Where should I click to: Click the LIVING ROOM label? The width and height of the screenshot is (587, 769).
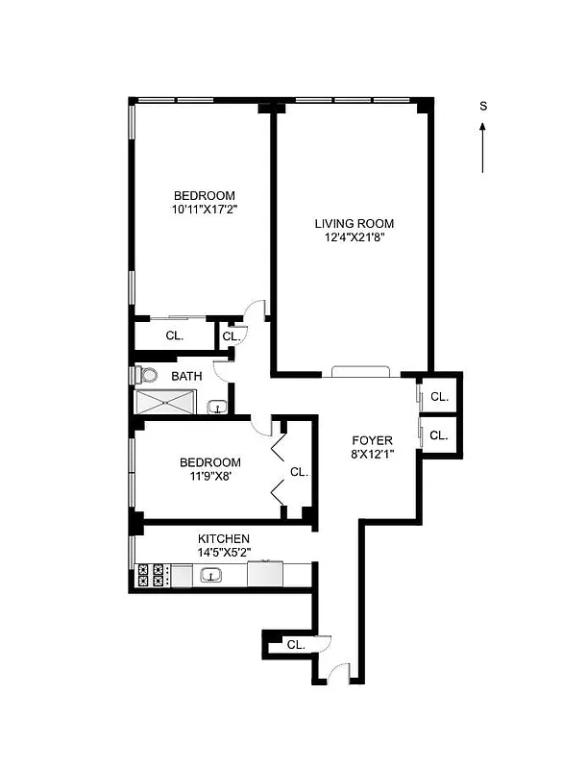354,224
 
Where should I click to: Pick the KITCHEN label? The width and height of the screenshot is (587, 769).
224,539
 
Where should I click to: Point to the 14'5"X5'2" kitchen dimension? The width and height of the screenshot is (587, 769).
224,554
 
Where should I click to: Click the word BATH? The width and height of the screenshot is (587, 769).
186,377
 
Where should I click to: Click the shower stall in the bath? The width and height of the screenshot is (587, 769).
169,403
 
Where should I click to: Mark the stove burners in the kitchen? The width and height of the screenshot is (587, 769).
150,575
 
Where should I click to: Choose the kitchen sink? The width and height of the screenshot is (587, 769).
211,576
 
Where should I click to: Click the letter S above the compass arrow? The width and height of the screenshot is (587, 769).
483,107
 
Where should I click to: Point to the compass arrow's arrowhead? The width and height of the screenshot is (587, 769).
483,126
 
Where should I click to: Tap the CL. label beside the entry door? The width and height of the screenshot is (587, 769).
296,645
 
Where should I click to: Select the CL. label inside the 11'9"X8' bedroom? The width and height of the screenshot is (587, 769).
299,472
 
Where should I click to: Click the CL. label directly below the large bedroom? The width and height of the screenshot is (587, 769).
174,336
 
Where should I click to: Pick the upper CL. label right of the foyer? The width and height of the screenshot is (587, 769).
439,396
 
